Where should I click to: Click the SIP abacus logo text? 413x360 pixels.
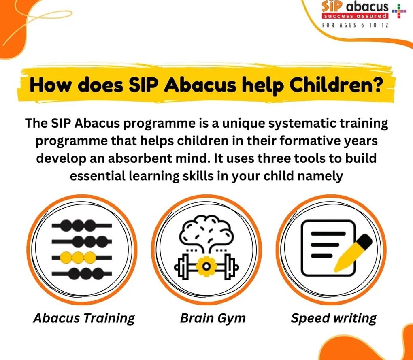coord(355,6)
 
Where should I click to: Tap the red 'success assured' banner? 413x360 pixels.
coord(355,16)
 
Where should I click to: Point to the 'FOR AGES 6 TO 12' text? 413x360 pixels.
coord(355,25)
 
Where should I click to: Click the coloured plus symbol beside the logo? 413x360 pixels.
coord(399,11)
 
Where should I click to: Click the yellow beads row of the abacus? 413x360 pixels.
coord(78,257)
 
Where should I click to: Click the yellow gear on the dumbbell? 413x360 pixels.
coord(206,266)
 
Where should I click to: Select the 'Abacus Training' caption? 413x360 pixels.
coord(84,318)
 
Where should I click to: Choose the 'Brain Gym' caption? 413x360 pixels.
coord(213,318)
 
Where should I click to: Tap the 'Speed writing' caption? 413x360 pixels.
coord(334,318)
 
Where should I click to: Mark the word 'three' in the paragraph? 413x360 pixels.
coord(274,158)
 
